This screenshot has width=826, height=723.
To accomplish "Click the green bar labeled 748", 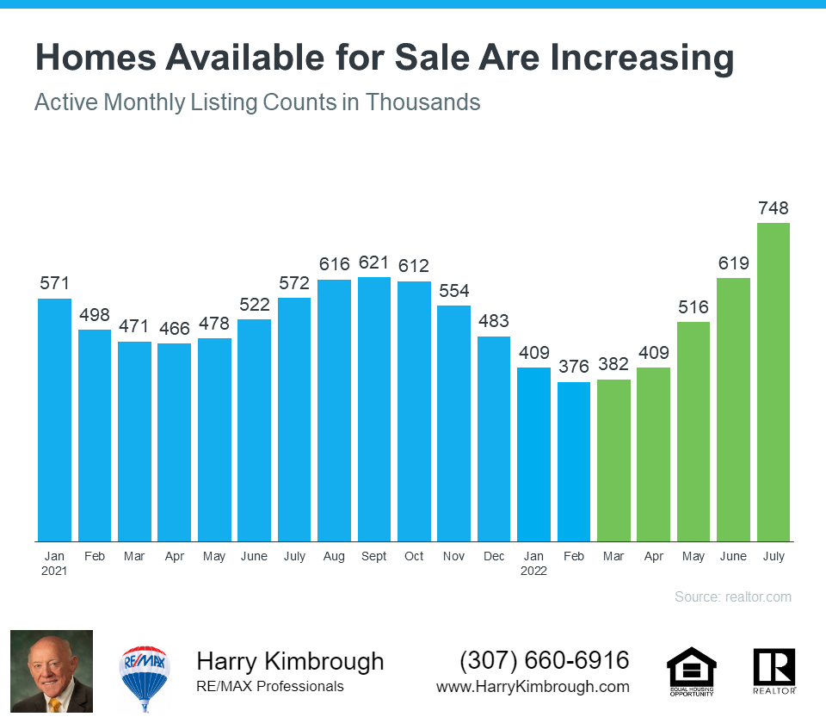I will tap(774, 382).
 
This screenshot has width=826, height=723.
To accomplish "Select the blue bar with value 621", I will tap(374, 409).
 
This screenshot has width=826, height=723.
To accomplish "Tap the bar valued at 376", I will tap(574, 461).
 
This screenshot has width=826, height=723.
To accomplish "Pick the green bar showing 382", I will tap(613, 460).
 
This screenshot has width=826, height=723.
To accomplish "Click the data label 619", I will tap(734, 263).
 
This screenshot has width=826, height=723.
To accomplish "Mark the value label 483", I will tap(494, 322).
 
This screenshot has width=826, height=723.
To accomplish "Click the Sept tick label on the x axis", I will tap(374, 557).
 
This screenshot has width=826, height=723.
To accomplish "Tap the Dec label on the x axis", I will tap(494, 557).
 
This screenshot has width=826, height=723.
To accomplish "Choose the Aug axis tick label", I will tap(334, 557).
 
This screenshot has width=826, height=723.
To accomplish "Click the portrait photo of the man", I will tap(51, 672).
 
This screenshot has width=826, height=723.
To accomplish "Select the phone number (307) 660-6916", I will tap(545, 661).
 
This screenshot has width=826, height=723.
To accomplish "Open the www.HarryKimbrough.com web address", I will tap(533, 687).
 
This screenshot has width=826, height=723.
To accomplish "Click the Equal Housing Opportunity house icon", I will tap(691, 670).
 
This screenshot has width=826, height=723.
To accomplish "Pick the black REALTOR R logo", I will tap(774, 669).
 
